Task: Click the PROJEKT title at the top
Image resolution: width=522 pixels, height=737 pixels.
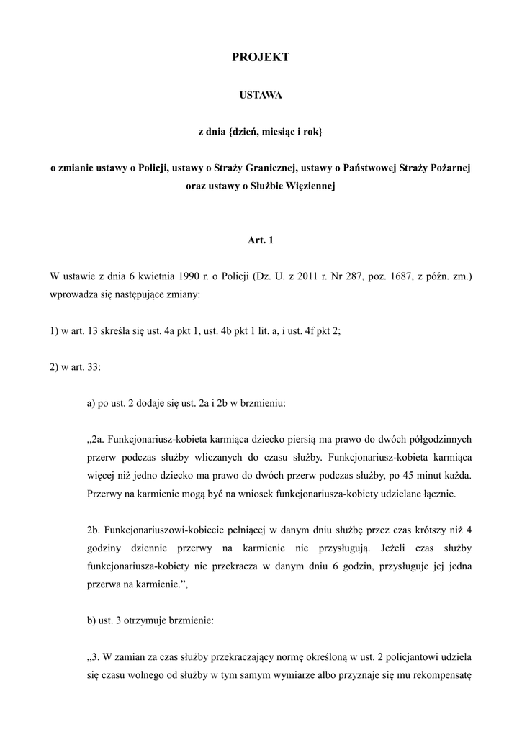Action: click(x=261, y=58)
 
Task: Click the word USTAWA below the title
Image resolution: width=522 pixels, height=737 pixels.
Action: click(x=261, y=94)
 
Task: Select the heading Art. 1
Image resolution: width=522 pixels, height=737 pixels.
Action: click(x=261, y=240)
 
